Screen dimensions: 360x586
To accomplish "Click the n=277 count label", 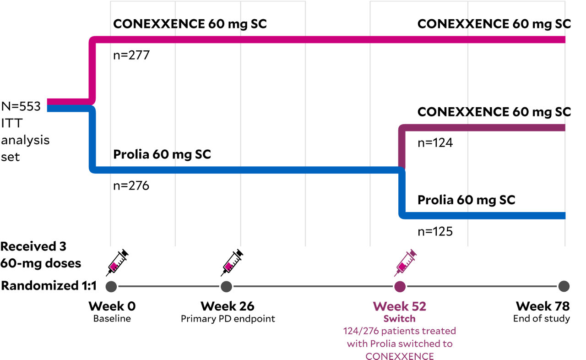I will click(x=131, y=56).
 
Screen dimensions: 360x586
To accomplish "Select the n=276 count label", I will click(x=131, y=186).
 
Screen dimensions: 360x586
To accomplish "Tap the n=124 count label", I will click(x=435, y=143).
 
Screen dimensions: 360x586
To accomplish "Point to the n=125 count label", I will click(x=435, y=232).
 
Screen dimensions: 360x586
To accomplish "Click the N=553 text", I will click(x=21, y=107).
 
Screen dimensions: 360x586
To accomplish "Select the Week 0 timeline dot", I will click(x=111, y=287).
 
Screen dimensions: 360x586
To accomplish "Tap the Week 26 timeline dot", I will click(x=226, y=287).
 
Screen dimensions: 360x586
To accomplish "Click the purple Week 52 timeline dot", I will click(x=400, y=287).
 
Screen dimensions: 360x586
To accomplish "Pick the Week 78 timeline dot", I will click(x=564, y=287).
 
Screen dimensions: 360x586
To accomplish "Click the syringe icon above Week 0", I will click(x=117, y=263).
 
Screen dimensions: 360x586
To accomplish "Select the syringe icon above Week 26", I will click(x=232, y=263).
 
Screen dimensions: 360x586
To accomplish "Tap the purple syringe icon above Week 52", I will click(x=405, y=263).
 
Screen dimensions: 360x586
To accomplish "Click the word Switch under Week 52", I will click(x=400, y=319).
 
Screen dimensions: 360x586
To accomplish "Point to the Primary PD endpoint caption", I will click(x=228, y=319).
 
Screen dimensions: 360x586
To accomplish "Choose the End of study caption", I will click(x=541, y=319).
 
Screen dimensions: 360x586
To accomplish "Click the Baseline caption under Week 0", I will click(x=112, y=319).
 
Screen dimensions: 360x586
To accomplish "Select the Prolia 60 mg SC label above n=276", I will click(x=162, y=154).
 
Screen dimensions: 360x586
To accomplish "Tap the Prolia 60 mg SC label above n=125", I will click(x=466, y=200).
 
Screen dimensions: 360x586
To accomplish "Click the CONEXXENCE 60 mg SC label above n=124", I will click(x=494, y=111).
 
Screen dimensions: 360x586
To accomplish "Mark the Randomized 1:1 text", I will click(x=49, y=286).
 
